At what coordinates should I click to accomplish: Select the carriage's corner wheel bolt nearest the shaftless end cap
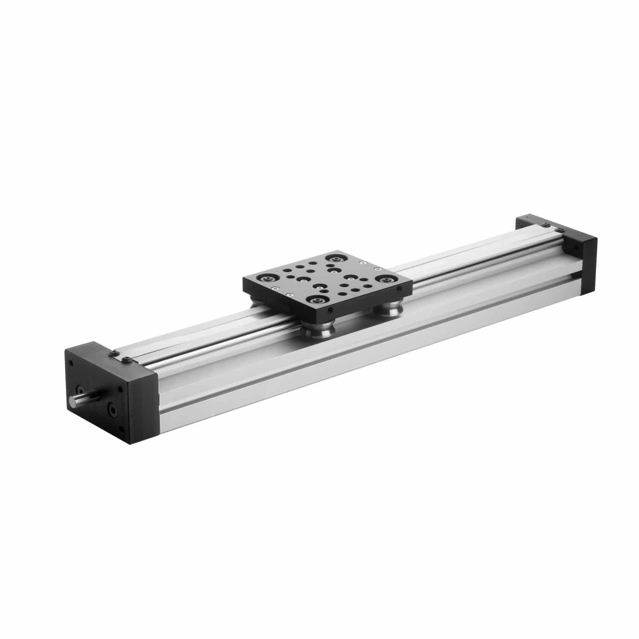[x=385, y=279]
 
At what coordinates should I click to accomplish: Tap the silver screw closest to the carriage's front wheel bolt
[x=290, y=294]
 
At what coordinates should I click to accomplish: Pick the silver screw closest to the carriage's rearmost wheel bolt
[x=362, y=263]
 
